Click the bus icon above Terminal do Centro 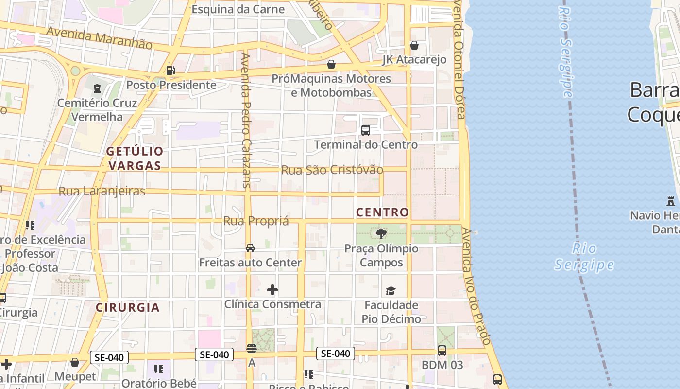coord(366,130)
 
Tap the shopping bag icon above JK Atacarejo coord(414,45)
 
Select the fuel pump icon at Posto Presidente coord(170,71)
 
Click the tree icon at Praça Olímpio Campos coord(381,234)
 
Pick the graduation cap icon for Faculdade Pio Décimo coord(391,291)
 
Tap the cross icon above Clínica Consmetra coord(272,290)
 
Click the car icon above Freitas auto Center coord(250,248)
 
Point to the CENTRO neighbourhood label coord(382,212)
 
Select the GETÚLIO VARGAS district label coord(135,159)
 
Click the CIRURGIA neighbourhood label coord(128,307)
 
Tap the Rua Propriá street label coord(256,221)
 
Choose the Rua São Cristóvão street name coord(332,170)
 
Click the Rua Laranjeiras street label coord(102,191)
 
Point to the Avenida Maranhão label coord(99,38)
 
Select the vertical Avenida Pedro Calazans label coord(246,120)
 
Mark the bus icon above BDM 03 coord(442,350)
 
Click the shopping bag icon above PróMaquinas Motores coord(331,64)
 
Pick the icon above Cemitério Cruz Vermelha coord(97,88)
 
